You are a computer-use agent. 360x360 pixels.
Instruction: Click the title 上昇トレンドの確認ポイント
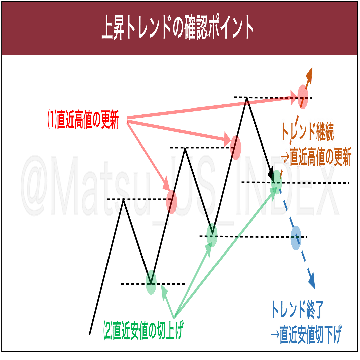177,27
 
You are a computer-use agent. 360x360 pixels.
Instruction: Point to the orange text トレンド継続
308,131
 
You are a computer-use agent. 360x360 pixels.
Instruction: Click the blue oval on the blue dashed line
296,238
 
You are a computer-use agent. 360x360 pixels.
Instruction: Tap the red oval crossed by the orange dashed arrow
303,97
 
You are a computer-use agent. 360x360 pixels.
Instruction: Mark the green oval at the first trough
151,282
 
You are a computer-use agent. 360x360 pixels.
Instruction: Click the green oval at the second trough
212,235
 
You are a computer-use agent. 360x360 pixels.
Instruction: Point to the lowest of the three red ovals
171,202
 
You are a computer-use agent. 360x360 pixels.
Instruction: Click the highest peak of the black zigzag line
247,98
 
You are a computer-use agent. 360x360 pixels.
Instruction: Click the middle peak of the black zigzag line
185,148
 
